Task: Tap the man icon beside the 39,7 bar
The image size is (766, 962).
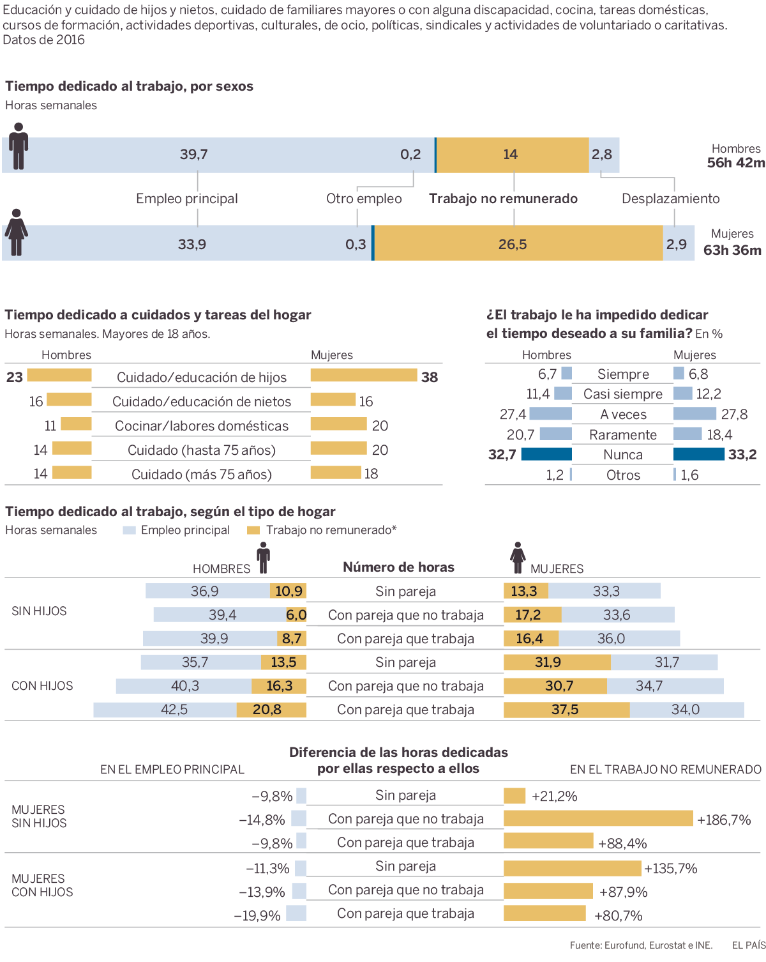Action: tap(19, 146)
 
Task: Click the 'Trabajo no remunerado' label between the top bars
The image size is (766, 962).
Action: tap(503, 199)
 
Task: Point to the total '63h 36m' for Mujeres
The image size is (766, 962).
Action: tap(732, 250)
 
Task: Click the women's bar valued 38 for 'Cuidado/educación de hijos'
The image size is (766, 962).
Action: tap(363, 376)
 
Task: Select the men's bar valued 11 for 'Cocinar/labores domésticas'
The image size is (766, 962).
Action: tap(76, 424)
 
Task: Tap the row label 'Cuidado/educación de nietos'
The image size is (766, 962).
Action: tap(202, 402)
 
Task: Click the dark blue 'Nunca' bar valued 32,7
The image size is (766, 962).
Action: tap(546, 454)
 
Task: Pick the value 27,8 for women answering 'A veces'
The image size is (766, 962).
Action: tap(734, 415)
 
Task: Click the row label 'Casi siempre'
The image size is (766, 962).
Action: tap(622, 394)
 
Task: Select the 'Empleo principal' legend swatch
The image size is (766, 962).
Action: tap(130, 530)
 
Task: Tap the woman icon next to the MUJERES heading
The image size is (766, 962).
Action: tap(518, 558)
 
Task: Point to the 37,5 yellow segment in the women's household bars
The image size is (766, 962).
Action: tap(566, 710)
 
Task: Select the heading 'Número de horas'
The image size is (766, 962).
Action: tap(398, 567)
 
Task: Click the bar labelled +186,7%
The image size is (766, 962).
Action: tap(598, 818)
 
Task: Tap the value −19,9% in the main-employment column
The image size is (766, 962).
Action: tap(257, 915)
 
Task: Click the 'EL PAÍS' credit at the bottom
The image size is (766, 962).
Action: tap(748, 945)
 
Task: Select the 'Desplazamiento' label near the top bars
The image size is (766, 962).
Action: tap(670, 199)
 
